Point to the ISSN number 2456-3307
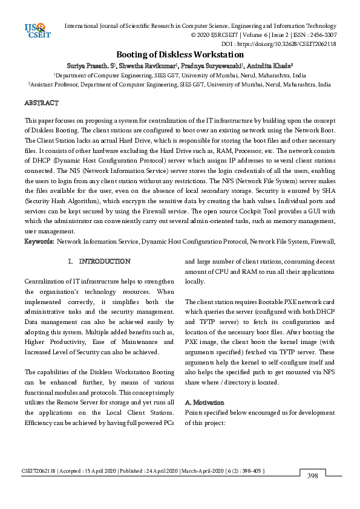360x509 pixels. coord(322,35)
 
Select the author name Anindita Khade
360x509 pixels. coord(270,65)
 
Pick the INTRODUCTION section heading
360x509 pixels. coord(104,262)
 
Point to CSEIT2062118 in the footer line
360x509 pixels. coord(39,470)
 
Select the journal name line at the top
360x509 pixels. coord(200,26)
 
